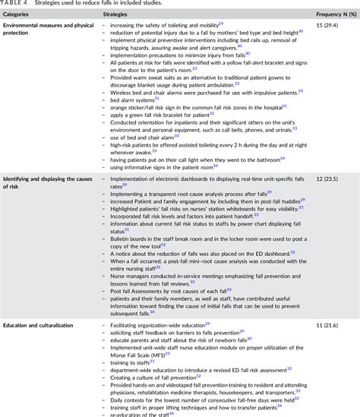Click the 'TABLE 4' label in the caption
coord(16,5)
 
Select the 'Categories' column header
coord(21,15)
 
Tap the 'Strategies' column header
coord(115,15)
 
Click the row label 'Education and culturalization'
coord(38,325)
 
